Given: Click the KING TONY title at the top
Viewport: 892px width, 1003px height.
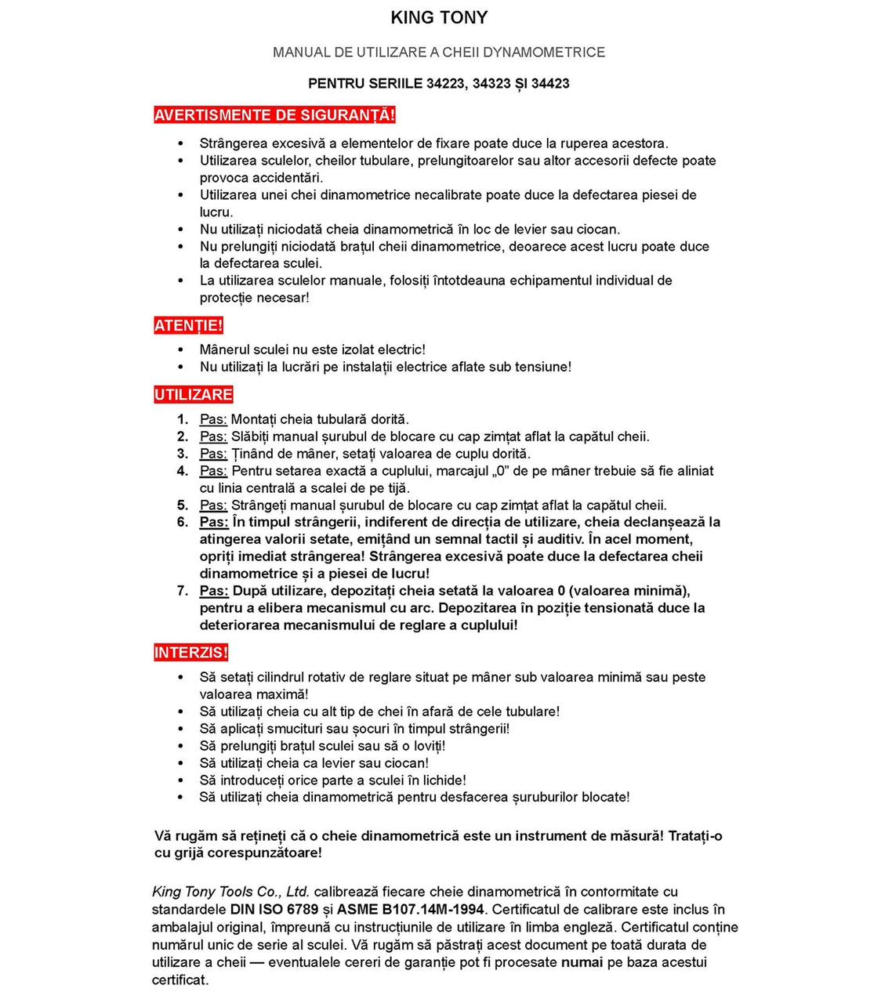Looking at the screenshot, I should pos(439,17).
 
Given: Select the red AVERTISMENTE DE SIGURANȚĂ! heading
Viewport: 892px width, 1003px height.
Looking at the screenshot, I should pos(274,115).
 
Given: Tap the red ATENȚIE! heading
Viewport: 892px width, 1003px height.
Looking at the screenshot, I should pos(188,325).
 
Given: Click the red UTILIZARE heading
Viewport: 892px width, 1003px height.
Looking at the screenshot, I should pos(194,394).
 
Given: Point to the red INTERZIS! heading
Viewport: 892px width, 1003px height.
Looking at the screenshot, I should pos(190,652).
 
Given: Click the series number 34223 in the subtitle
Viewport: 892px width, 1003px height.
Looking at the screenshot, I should pos(445,83).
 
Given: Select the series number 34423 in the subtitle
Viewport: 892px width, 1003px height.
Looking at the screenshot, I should pos(550,83).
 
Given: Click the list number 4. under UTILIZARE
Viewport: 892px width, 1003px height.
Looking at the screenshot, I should pos(183,471).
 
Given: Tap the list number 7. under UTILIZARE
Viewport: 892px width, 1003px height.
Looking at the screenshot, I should pos(183,591).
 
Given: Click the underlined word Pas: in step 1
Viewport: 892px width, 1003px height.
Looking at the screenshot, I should pos(213,419).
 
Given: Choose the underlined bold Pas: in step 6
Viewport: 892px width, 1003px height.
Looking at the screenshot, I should pos(214,522).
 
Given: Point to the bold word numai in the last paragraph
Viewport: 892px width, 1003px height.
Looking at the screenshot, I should pos(582,962).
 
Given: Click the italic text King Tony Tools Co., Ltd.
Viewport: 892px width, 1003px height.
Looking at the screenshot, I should pos(230,892).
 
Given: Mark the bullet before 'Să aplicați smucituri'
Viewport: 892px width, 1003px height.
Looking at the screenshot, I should pos(181,729).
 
